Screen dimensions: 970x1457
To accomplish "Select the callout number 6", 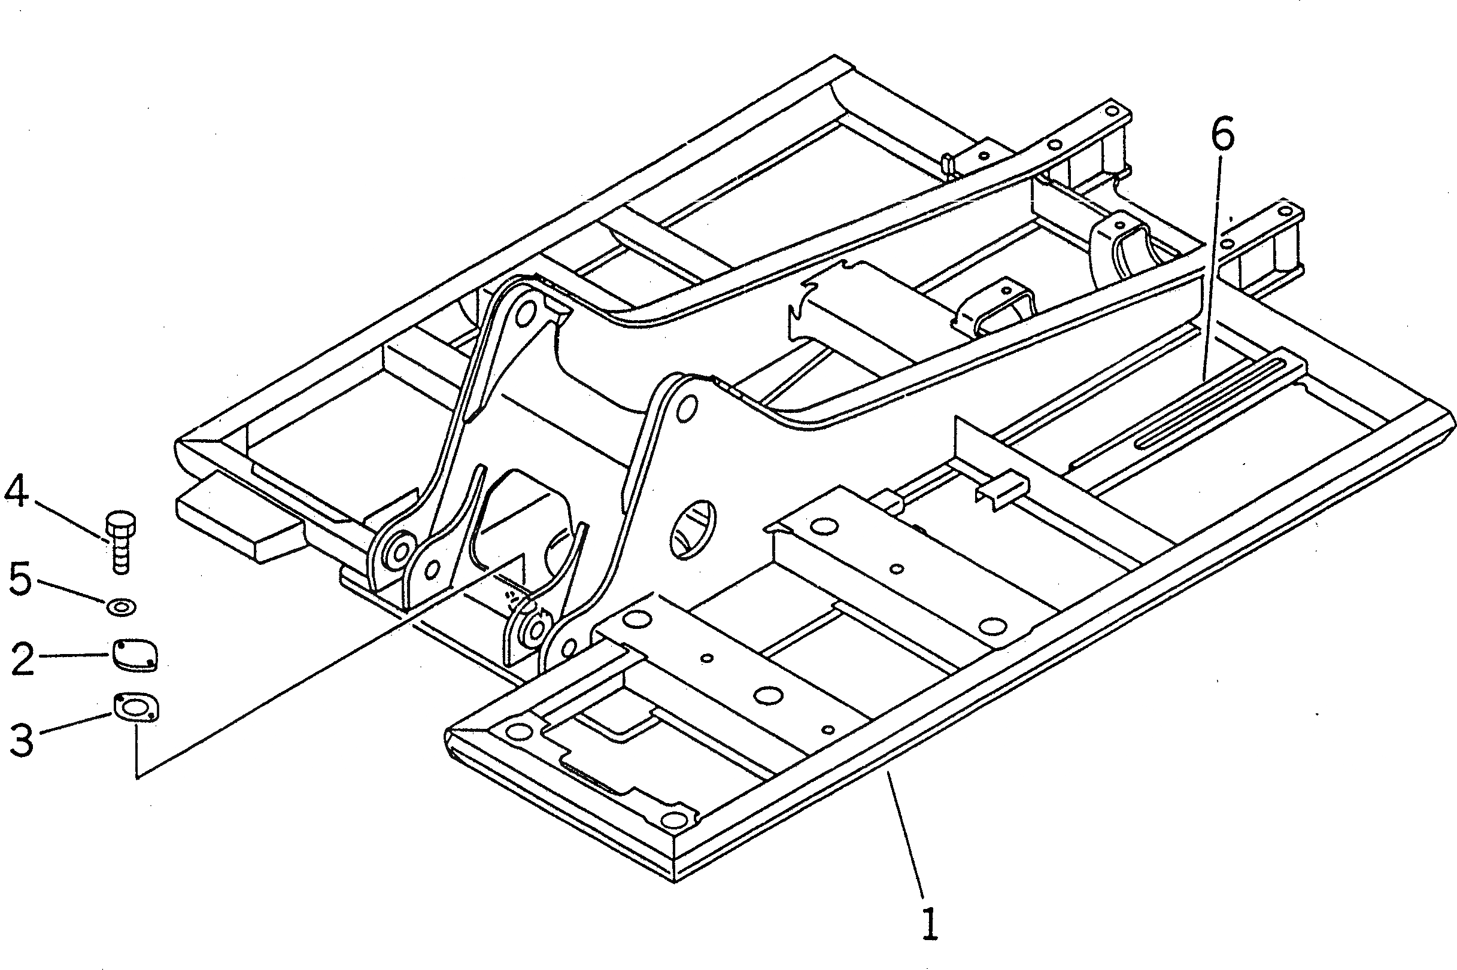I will [x=1222, y=135].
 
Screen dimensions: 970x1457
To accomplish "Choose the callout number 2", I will [x=22, y=659].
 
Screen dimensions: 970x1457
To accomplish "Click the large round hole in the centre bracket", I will [x=693, y=529].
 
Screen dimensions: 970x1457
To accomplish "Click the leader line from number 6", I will [x=1213, y=266].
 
